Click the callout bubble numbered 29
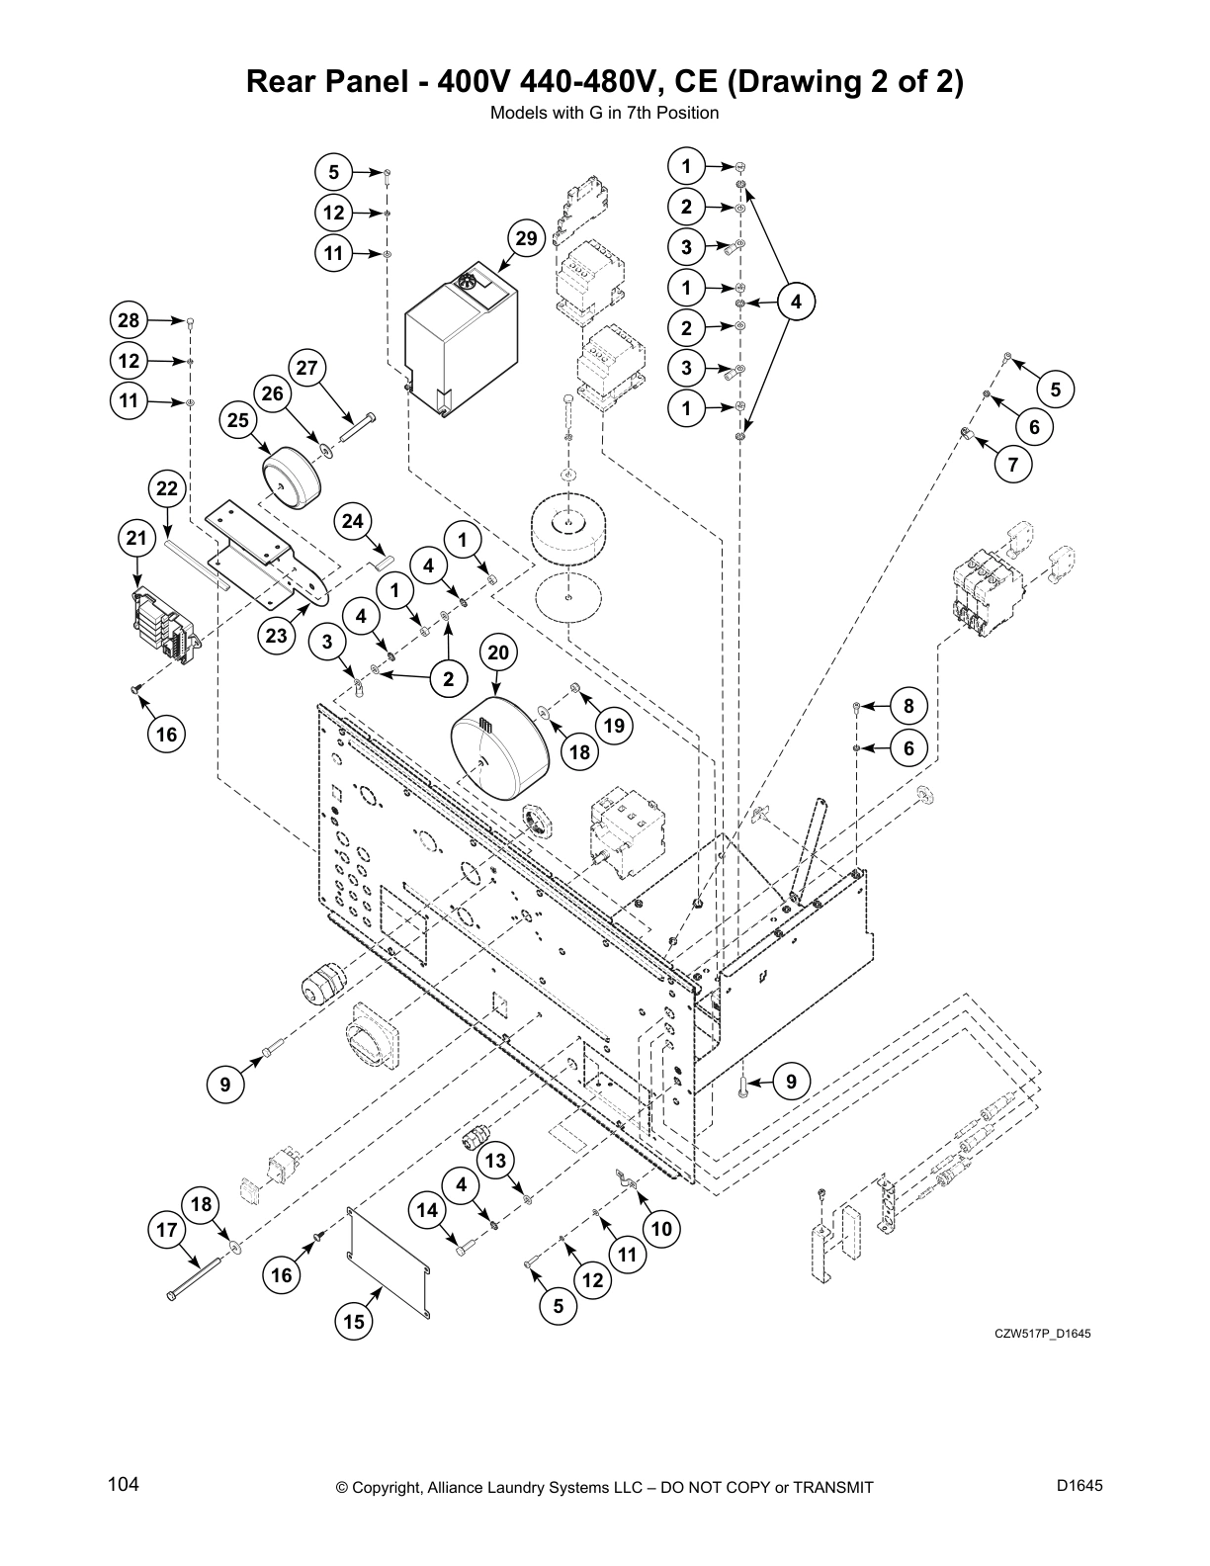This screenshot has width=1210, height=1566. click(x=526, y=238)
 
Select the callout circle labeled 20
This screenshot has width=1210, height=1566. click(x=498, y=652)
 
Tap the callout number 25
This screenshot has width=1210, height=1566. click(x=238, y=420)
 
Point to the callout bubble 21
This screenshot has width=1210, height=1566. click(x=136, y=539)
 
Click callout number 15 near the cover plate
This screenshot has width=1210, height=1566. click(x=354, y=1322)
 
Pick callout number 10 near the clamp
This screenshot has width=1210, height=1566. click(x=661, y=1229)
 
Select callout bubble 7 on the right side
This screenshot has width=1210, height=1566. click(x=1013, y=464)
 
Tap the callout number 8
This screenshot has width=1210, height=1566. click(x=908, y=706)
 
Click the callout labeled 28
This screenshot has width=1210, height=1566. click(x=130, y=320)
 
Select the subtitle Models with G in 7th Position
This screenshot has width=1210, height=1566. click(x=604, y=113)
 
